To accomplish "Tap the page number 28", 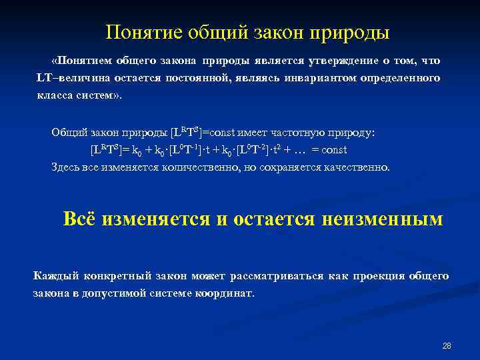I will [x=447, y=346].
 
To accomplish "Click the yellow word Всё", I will [x=79, y=219].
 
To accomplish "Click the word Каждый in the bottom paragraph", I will [x=53, y=275].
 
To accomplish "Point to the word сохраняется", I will [x=289, y=167].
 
